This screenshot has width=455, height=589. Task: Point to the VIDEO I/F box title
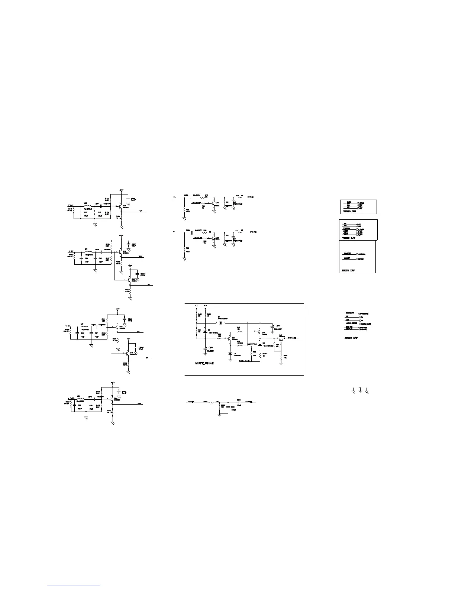pyautogui.click(x=349, y=237)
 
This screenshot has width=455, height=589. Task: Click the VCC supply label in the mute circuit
pyautogui.click(x=197, y=306)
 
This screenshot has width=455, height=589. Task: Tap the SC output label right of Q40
pyautogui.click(x=149, y=284)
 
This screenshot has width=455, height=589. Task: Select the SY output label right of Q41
pyautogui.click(x=147, y=358)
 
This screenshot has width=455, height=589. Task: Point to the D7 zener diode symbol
pyautogui.click(x=230, y=353)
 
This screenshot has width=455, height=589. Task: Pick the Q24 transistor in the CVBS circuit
pyautogui.click(x=112, y=399)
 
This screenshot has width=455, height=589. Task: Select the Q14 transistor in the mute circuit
pyautogui.click(x=230, y=339)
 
